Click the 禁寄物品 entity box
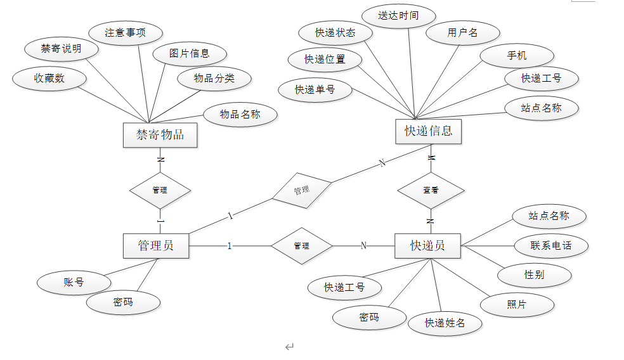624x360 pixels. [x=160, y=134]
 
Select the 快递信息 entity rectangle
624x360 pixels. [x=428, y=131]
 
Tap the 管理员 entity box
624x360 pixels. [x=156, y=245]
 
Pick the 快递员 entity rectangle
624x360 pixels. [x=427, y=245]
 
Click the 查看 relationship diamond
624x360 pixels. [x=431, y=190]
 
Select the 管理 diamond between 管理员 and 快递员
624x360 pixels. [x=302, y=246]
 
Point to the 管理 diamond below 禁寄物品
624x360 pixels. [x=160, y=190]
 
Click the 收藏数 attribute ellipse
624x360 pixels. [x=49, y=78]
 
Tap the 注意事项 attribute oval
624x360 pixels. [x=125, y=32]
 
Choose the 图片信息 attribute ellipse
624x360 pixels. [x=190, y=53]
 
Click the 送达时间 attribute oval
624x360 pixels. [x=398, y=15]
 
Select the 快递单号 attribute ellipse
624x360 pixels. [x=315, y=89]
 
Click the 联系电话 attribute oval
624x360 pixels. [x=551, y=245]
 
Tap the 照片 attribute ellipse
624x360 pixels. [x=517, y=304]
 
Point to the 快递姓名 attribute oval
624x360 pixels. [x=445, y=323]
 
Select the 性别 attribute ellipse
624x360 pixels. [x=534, y=274]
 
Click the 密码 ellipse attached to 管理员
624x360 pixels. [x=123, y=302]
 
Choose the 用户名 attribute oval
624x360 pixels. [x=462, y=32]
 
